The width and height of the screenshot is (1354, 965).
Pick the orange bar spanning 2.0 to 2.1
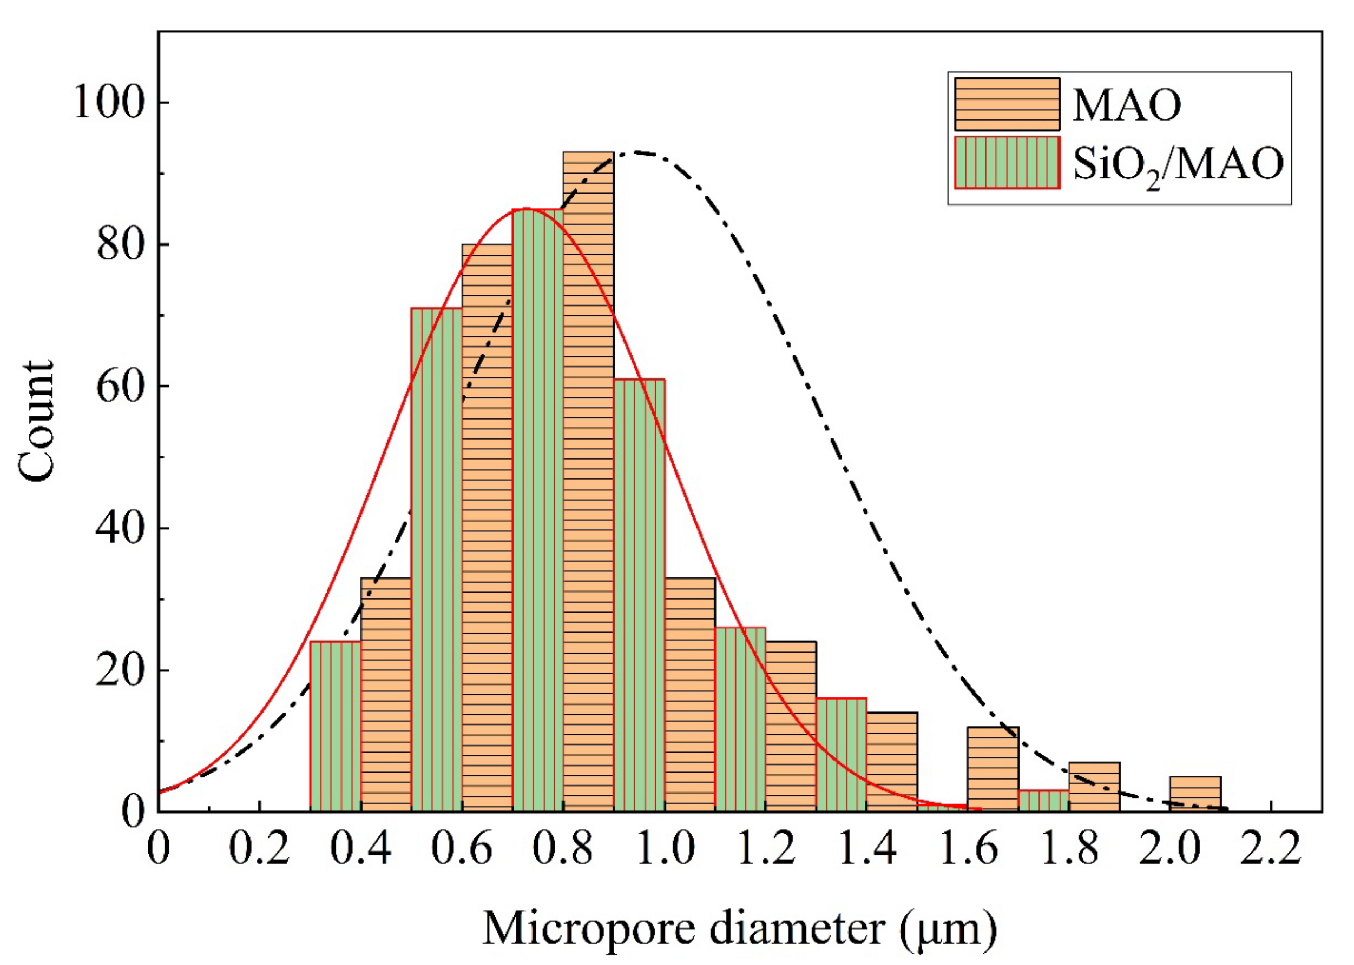pos(1195,794)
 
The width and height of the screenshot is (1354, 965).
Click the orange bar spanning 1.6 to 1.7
pos(993,769)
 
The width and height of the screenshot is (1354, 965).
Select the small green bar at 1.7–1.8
pos(1043,801)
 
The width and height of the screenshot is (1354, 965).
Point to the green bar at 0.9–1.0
pos(639,594)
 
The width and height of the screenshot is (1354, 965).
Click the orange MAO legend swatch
pos(1007,104)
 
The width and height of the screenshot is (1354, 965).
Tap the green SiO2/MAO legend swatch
pos(1007,162)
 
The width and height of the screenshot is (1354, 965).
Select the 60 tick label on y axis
pos(120,386)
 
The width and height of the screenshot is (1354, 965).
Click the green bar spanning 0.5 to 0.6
pos(437,558)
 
